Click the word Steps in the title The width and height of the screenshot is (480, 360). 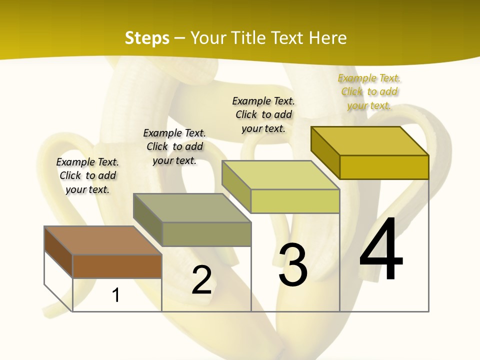tap(147, 38)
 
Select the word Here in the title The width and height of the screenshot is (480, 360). tap(328, 38)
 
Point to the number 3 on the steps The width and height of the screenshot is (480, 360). tap(293, 265)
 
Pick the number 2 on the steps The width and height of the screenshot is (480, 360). tap(201, 280)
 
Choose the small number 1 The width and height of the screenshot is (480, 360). tap(116, 295)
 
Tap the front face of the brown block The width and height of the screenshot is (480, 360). tap(117, 266)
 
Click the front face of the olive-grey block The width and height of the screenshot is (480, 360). tap(206, 234)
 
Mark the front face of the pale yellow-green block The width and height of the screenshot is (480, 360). tap(295, 201)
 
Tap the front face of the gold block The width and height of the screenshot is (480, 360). tap(384, 167)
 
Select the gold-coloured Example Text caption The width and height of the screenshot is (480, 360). tap(369, 91)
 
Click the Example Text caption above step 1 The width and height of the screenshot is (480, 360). tap(87, 175)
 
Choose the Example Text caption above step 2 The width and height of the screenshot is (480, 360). tap(174, 146)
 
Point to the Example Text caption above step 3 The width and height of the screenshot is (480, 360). tap(263, 114)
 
